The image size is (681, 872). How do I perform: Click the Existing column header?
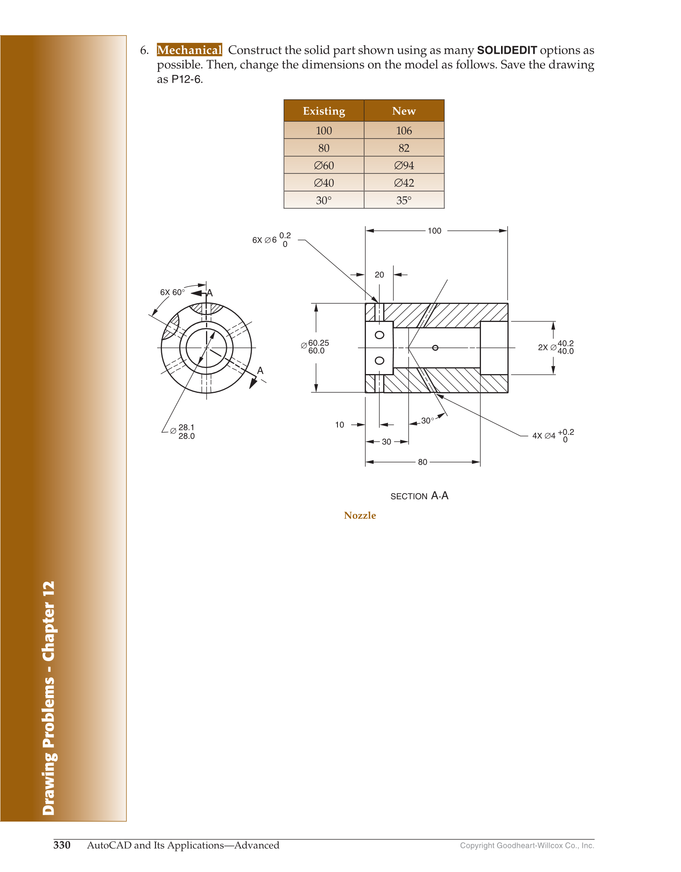pos(323,111)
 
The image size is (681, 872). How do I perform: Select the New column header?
pos(404,111)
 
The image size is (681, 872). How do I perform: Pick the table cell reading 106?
pos(404,131)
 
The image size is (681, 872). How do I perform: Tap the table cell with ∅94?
pos(404,165)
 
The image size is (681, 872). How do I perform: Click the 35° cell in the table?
pos(404,200)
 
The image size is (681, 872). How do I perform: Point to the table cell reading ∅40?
pos(323,183)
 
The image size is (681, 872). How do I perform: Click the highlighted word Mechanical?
pos(189,50)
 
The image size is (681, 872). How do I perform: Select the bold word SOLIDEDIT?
pos(507,50)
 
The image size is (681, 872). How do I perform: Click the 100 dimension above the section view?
pos(434,231)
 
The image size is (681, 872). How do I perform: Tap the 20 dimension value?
pos(379,275)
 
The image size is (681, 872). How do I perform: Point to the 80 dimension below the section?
pos(422,462)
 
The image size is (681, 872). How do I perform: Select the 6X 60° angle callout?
pos(172,292)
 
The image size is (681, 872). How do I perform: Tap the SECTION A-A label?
pos(419,496)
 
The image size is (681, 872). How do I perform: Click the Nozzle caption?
pos(360,515)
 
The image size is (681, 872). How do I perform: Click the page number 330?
pos(62,845)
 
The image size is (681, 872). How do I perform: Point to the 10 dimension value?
pos(339,425)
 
